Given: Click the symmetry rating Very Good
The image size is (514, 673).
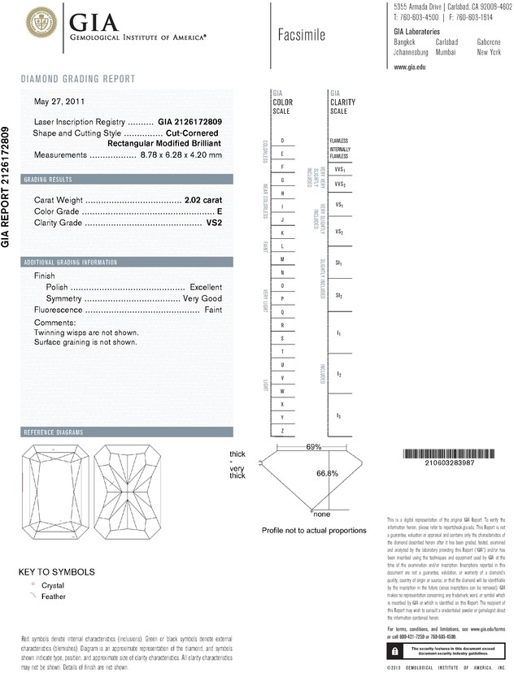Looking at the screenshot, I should [203, 299].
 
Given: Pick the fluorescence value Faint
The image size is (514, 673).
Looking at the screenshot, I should [213, 310].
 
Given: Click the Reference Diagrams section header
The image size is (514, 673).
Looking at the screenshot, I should [51, 432].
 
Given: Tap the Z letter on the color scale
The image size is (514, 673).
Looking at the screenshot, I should [281, 430].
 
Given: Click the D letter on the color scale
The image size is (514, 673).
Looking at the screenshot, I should [281, 141].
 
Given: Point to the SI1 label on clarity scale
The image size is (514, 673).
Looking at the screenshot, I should [338, 264].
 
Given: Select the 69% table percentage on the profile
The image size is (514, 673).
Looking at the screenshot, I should [314, 447].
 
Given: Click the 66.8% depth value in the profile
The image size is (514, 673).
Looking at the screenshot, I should [327, 474].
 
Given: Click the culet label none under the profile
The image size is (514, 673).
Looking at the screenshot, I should [322, 515].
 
